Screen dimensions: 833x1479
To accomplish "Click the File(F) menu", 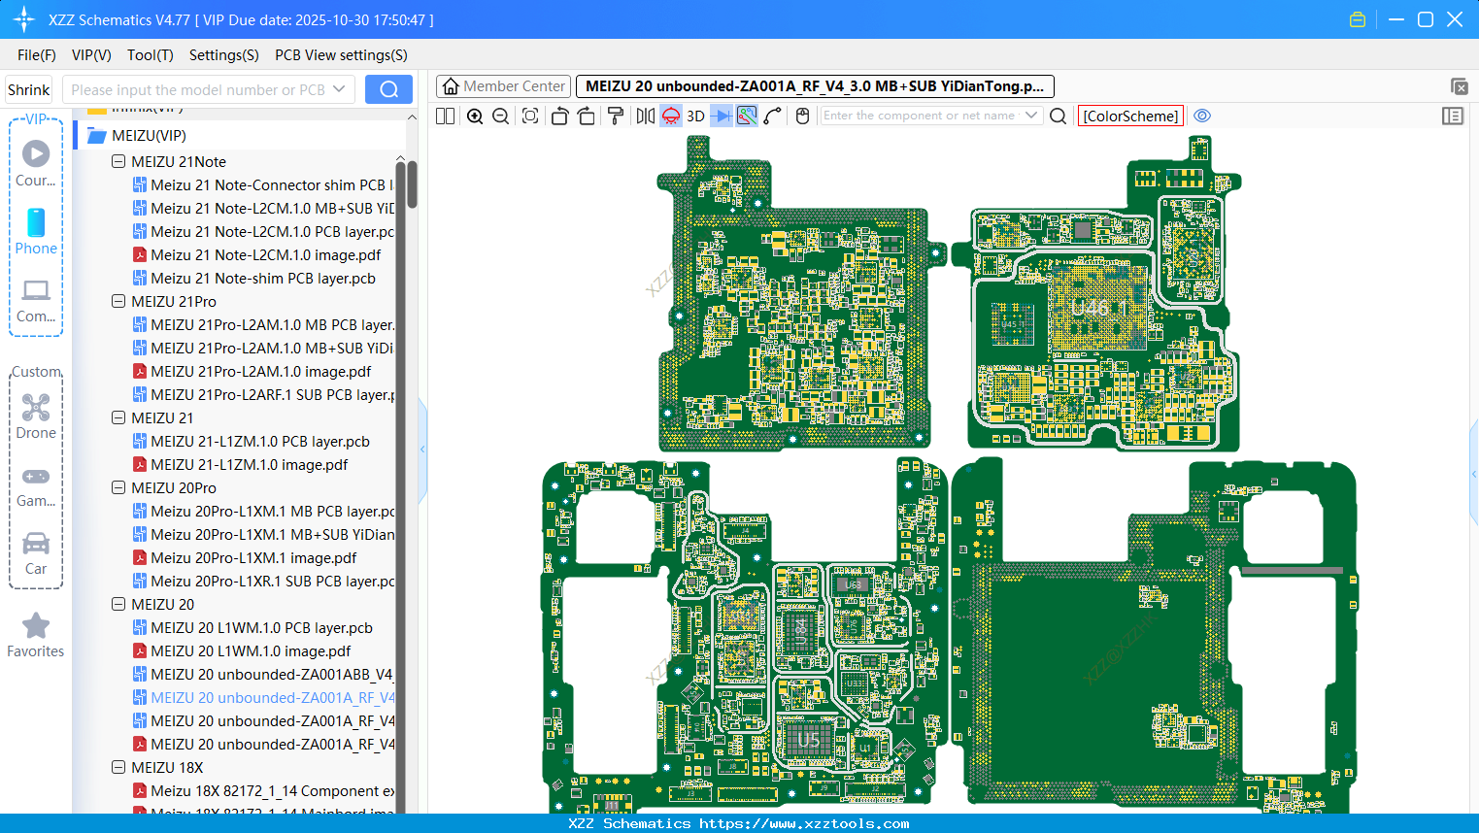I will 36,55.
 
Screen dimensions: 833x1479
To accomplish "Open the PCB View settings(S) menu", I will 341,55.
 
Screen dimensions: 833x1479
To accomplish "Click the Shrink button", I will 28,90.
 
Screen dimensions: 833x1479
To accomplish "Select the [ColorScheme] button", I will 1130,117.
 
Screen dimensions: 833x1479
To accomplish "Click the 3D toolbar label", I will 695,117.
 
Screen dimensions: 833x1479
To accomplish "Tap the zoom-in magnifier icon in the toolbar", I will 475,117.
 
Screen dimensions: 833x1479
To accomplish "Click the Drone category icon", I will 36,409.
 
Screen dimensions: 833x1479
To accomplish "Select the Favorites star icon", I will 36,626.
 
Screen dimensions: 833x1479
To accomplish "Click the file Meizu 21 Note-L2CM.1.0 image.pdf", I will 265,255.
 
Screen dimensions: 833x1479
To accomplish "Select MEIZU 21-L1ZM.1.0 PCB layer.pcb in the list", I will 259,442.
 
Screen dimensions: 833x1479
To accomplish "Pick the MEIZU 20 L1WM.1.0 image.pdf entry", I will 251,651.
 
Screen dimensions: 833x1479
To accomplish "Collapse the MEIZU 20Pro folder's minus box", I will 118,488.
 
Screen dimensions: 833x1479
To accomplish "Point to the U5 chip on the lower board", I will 809,741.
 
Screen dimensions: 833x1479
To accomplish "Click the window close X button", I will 1455,19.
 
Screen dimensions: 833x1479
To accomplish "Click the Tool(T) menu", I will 150,55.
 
